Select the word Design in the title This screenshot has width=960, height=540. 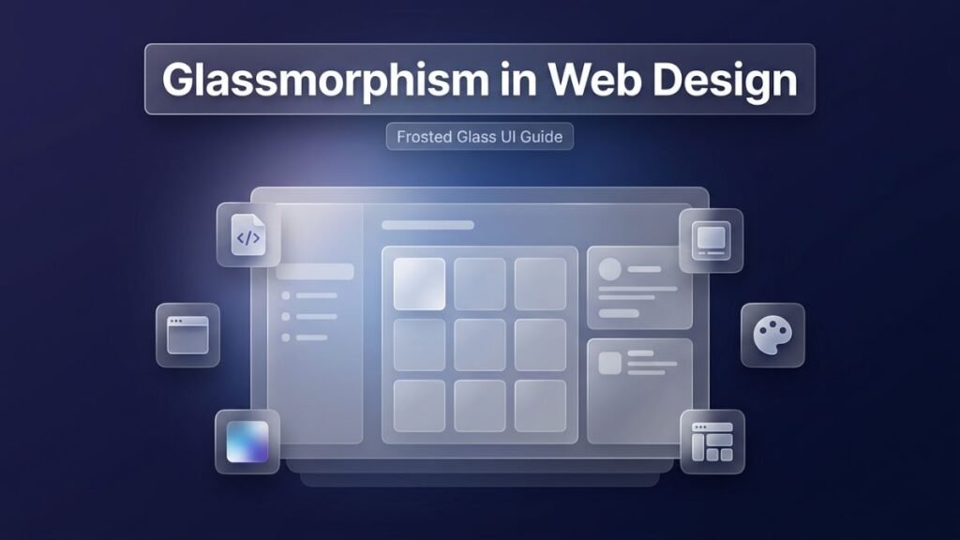click(720, 80)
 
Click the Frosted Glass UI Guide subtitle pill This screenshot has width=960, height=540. click(479, 137)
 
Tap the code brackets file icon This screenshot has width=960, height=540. click(248, 237)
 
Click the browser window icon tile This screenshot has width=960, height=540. click(187, 335)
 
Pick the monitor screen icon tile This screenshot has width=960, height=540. click(711, 240)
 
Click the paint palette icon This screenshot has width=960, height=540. click(772, 335)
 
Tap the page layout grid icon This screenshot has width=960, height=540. click(712, 442)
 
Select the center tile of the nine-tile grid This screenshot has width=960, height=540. click(480, 345)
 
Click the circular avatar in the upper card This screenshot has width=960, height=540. click(609, 269)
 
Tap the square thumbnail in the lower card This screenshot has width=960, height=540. click(609, 362)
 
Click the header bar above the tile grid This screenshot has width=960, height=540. click(427, 225)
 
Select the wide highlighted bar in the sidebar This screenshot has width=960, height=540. click(315, 272)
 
